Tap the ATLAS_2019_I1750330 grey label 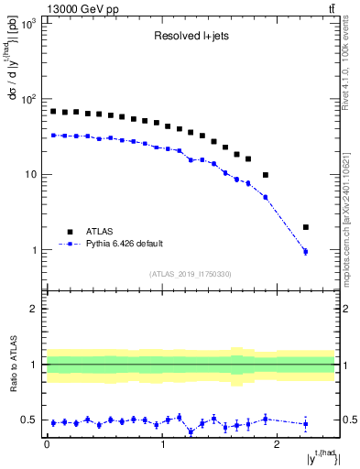tap(191, 274)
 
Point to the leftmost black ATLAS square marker tap(53, 112)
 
